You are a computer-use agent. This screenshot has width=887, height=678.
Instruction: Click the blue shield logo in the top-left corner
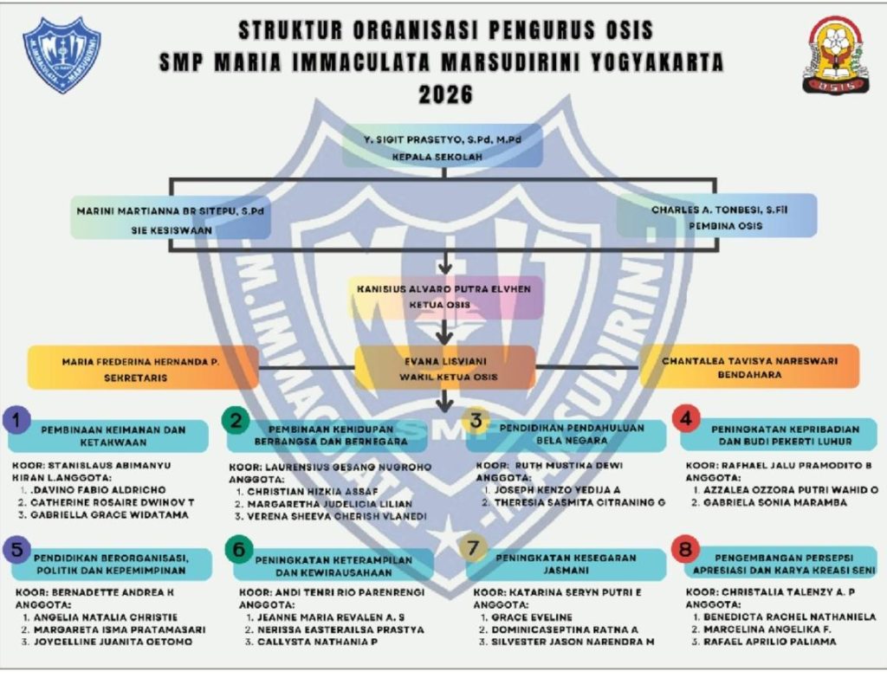click(62, 55)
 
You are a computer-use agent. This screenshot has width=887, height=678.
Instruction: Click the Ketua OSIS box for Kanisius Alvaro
click(445, 296)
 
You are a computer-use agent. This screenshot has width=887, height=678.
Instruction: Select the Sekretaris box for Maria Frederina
click(144, 367)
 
